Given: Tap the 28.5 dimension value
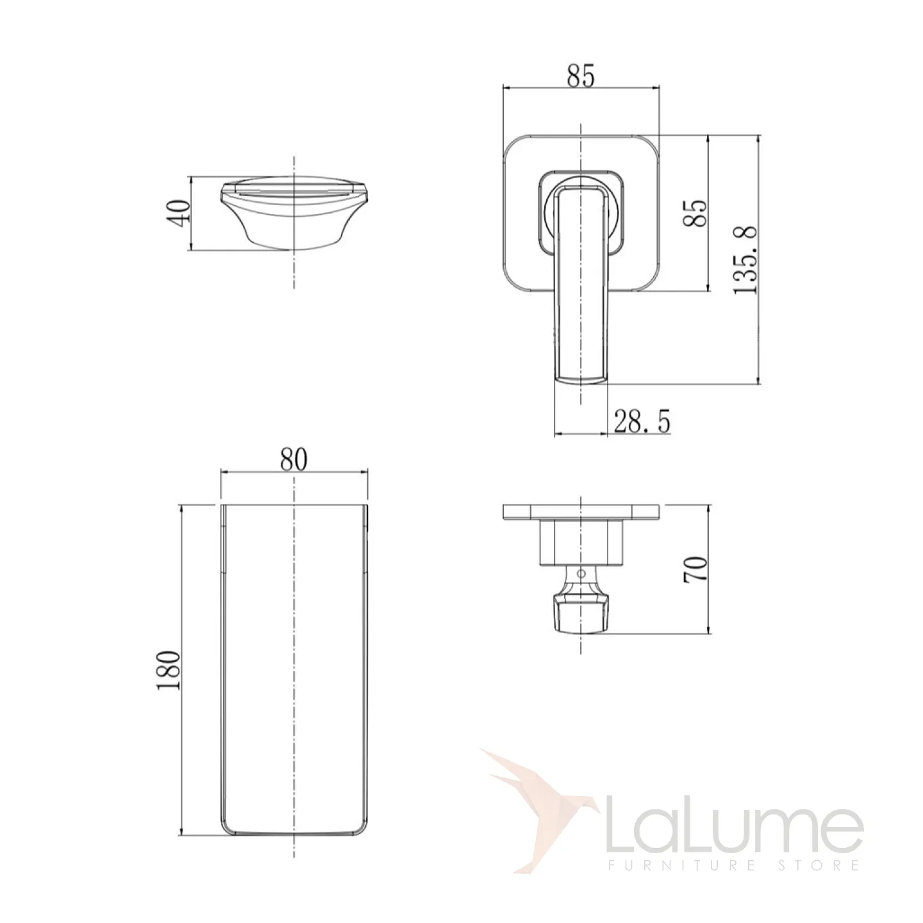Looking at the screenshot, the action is (642, 422).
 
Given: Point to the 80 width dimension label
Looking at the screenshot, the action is (293, 460).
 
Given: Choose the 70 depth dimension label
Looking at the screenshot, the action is (695, 569).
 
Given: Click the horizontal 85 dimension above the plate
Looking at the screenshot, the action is (580, 76).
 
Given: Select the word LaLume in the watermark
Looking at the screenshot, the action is (735, 813).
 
